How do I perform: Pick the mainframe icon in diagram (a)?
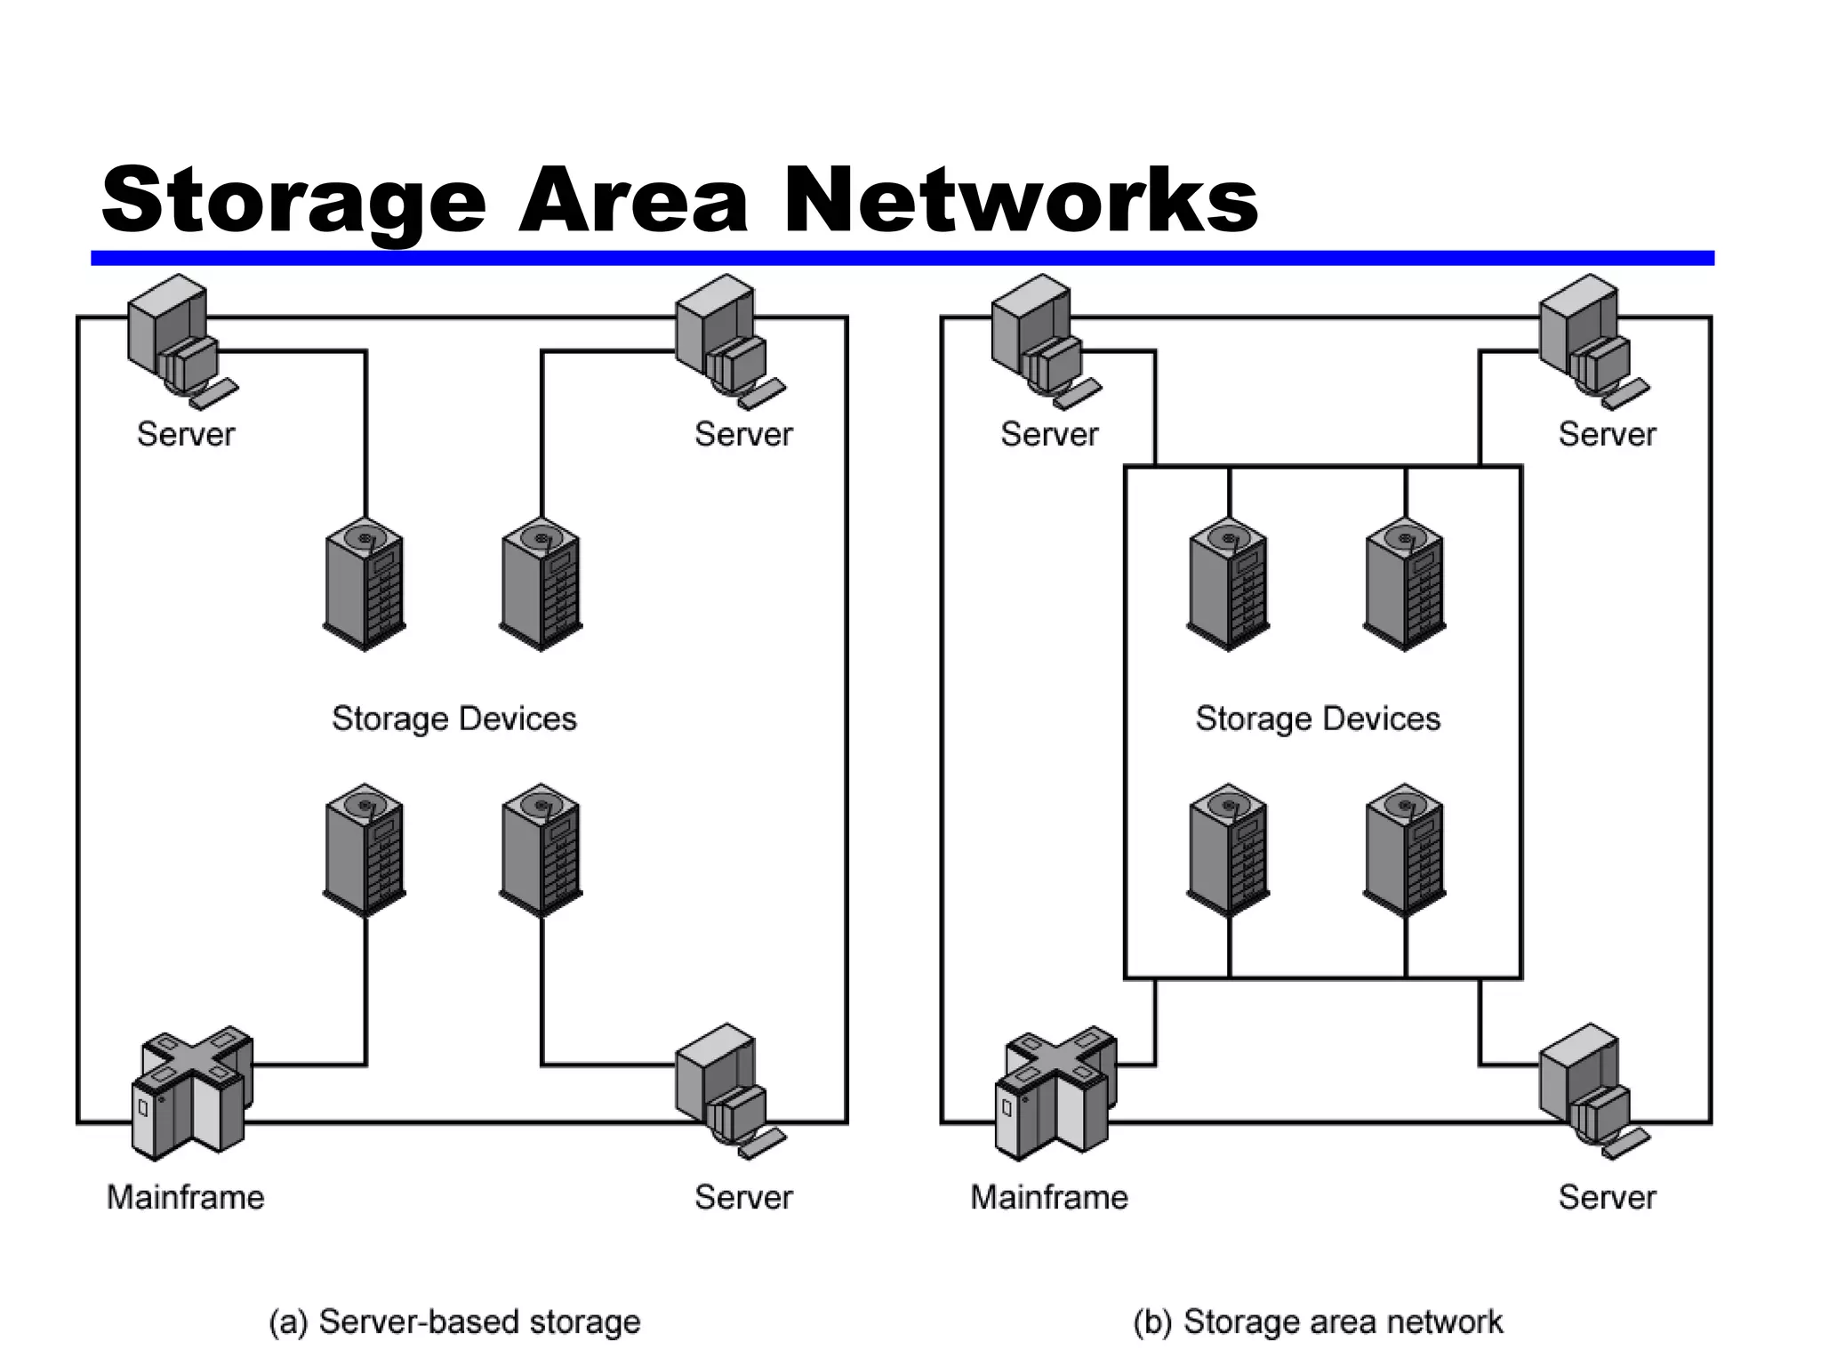(191, 1094)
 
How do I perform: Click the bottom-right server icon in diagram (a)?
(725, 1089)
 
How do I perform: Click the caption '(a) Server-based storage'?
(454, 1322)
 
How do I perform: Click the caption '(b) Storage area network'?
(1318, 1322)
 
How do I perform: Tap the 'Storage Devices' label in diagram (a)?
(454, 718)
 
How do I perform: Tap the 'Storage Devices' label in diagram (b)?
(1318, 718)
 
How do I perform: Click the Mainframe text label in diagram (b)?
(1049, 1197)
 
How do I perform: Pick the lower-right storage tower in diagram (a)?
(541, 849)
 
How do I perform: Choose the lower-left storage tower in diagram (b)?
(1228, 849)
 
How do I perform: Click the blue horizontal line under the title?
(902, 258)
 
